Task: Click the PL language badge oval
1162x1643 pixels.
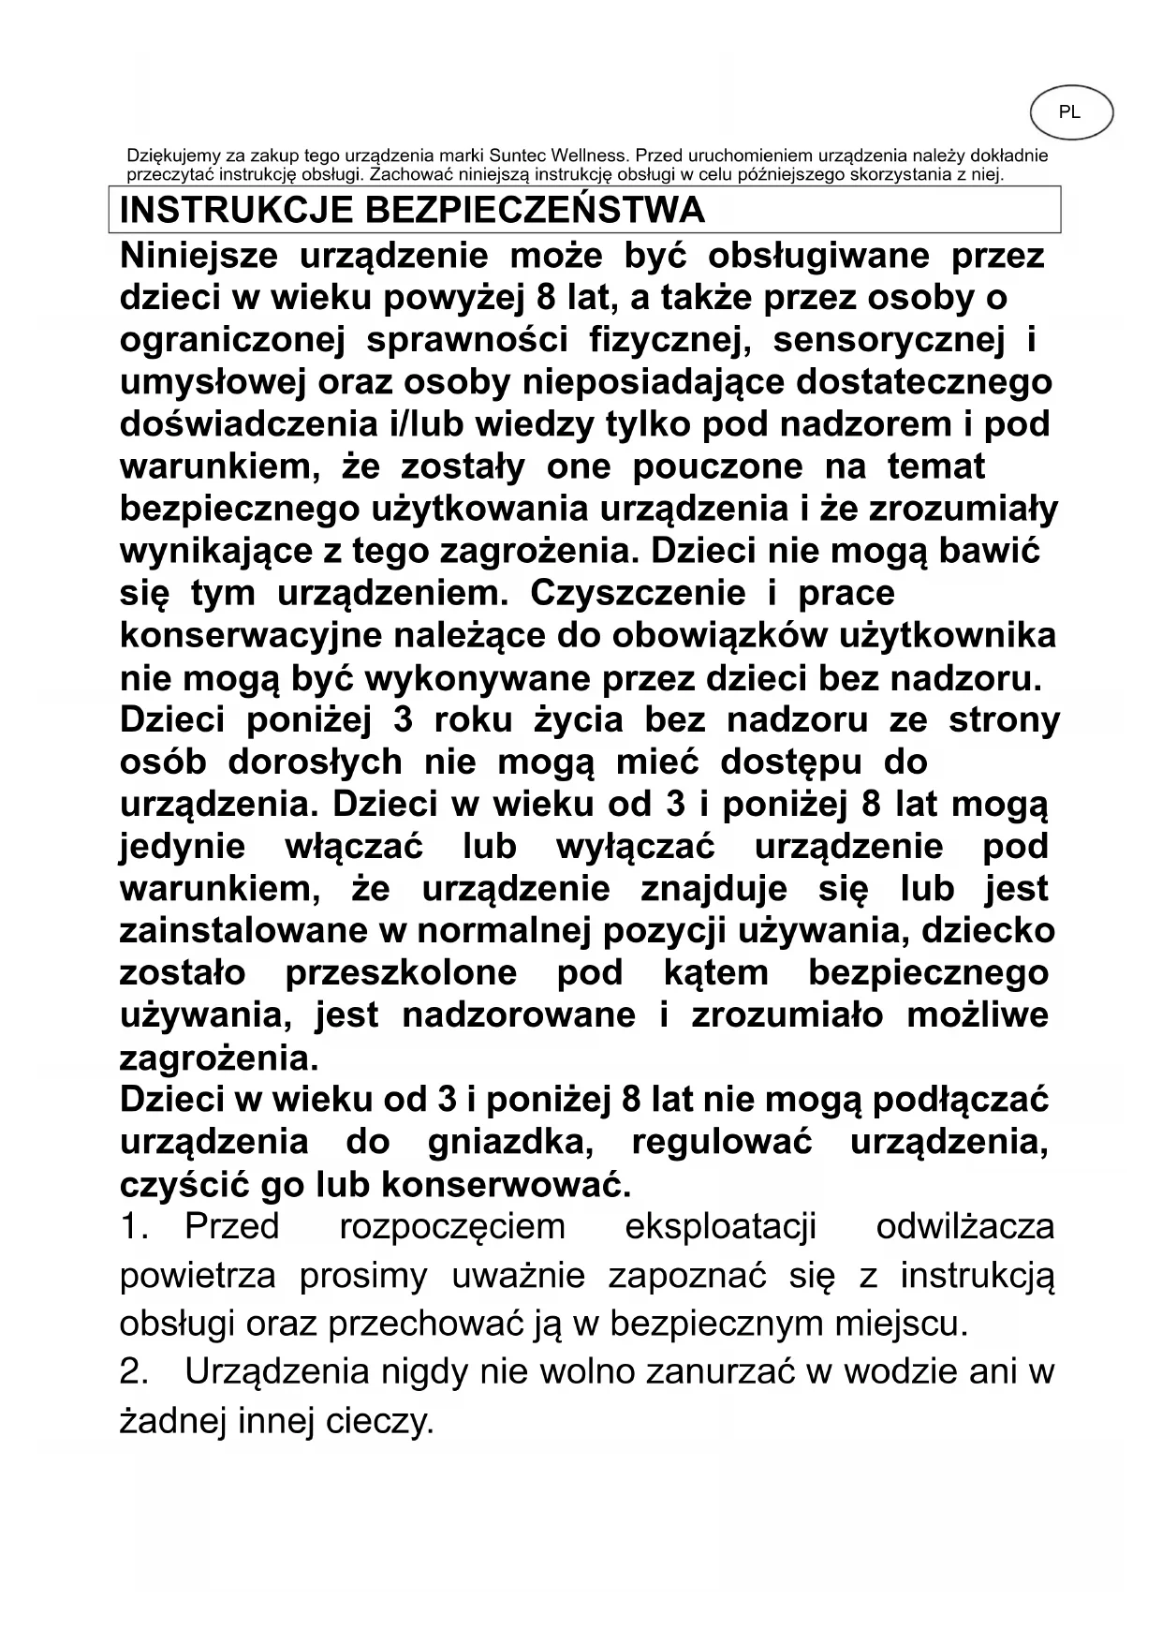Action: [1071, 113]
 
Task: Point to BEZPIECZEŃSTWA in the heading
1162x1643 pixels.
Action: [534, 210]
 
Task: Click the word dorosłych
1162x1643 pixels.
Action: [316, 762]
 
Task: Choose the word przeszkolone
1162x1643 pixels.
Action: [401, 973]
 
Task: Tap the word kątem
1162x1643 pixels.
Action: [715, 973]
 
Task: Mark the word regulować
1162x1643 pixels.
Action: [722, 1143]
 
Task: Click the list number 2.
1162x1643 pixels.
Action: [134, 1372]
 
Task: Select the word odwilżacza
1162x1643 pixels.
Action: [964, 1226]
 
